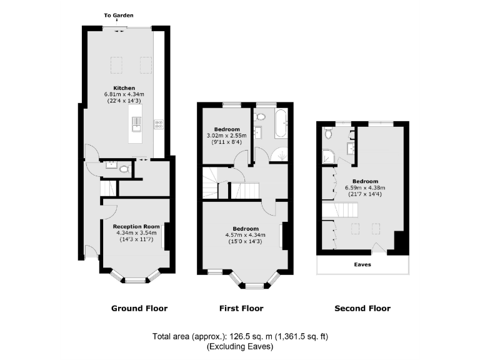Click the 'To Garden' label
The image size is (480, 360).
click(x=118, y=15)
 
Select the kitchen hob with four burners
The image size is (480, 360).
click(x=159, y=124)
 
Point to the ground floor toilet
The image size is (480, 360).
click(x=124, y=168)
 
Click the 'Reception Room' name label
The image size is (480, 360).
click(x=136, y=226)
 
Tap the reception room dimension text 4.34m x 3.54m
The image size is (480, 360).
click(x=136, y=232)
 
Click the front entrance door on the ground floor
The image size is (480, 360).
click(x=91, y=252)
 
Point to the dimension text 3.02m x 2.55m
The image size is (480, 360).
click(x=226, y=135)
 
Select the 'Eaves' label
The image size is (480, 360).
click(x=362, y=264)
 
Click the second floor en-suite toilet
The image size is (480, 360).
click(x=328, y=133)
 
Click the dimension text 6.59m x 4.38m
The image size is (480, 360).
click(x=367, y=187)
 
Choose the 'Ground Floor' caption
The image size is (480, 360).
click(x=139, y=308)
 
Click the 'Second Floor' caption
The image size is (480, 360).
click(x=362, y=308)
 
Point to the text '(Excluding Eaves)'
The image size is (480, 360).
click(x=240, y=346)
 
